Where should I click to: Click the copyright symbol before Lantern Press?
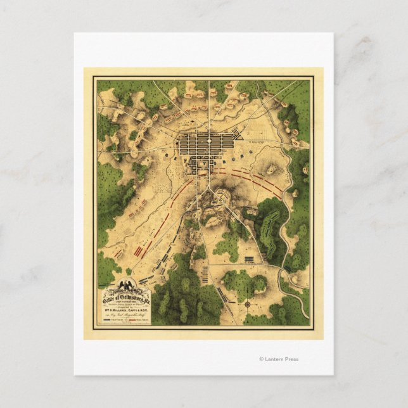point(261,359)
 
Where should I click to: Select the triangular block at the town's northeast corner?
point(239,134)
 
